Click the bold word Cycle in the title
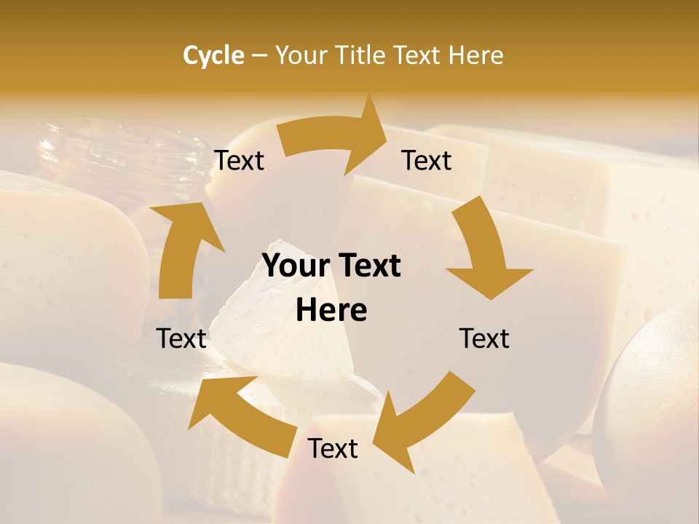[x=213, y=55]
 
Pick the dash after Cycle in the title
[x=259, y=56]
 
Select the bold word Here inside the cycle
[x=331, y=311]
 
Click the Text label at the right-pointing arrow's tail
[x=239, y=161]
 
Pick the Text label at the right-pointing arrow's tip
[x=426, y=161]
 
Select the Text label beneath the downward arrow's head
[x=483, y=338]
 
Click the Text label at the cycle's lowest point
[x=332, y=449]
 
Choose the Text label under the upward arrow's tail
[x=181, y=338]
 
